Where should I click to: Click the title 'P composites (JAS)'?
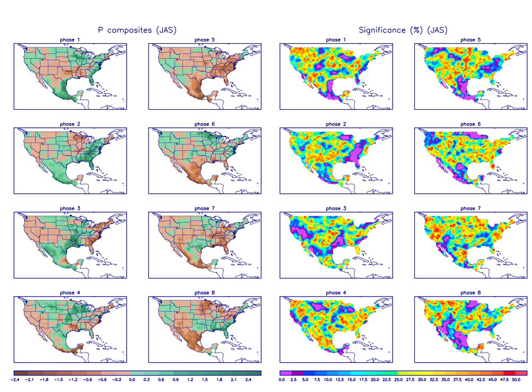pos(137,30)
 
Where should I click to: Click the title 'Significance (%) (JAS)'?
pos(403,30)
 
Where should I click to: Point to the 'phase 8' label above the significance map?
pos(468,292)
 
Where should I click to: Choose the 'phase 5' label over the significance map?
pos(468,40)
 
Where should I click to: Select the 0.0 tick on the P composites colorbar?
pos(132,380)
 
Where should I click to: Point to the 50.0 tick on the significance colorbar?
pos(516,380)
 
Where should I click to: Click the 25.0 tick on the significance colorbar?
pos(398,380)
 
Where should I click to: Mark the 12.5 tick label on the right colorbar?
pos(339,380)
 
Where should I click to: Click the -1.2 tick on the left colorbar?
pos(73,380)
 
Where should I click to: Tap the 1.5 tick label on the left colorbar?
pos(205,380)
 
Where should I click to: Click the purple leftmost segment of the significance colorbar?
pos(282,373)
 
